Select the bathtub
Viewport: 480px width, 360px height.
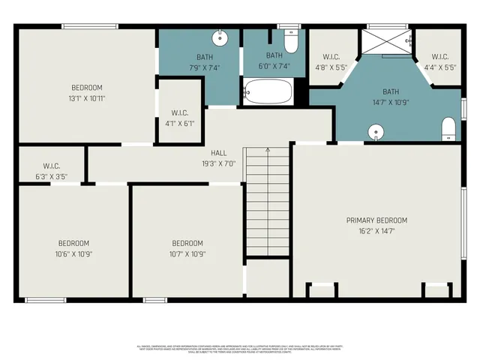coord(268,93)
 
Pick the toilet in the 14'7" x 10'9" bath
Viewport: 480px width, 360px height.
coord(449,128)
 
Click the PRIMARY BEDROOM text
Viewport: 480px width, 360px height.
coord(376,220)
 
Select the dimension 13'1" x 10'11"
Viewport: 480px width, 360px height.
coord(87,98)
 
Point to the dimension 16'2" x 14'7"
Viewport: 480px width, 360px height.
coord(376,231)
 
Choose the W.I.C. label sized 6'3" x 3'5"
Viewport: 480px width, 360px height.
coord(52,166)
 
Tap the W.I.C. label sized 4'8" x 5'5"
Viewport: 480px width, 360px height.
coord(331,56)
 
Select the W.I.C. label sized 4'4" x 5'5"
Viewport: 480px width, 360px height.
coord(439,56)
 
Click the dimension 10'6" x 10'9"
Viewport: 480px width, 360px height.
coord(73,253)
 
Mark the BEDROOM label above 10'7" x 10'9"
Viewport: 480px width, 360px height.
coord(187,243)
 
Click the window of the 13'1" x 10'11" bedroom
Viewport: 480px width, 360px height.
coord(89,28)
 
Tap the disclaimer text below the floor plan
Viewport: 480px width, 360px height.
coord(240,349)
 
